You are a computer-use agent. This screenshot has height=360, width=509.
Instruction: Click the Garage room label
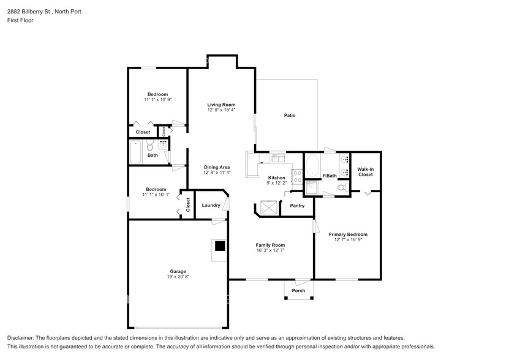(178, 271)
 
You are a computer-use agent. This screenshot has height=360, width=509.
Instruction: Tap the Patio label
(290, 115)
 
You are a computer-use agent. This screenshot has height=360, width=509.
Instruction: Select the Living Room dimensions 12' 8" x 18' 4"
(221, 110)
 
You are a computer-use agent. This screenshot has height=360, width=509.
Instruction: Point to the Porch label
(298, 291)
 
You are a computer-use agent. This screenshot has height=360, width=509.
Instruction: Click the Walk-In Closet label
(366, 171)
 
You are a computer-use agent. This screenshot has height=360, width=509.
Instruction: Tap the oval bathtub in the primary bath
(312, 165)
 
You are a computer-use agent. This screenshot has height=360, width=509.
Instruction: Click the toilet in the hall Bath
(149, 146)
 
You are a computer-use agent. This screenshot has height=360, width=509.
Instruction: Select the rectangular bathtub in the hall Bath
(135, 152)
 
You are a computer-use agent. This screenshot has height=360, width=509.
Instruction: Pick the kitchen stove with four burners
(297, 176)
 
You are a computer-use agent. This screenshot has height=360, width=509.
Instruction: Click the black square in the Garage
(220, 246)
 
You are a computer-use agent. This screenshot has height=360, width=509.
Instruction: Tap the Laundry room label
(211, 205)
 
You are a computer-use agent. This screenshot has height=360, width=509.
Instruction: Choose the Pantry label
(297, 206)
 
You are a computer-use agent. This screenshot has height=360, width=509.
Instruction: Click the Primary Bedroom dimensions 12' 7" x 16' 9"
(348, 239)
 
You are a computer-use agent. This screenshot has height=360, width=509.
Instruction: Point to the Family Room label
(270, 245)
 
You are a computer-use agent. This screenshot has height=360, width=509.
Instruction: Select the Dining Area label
(217, 167)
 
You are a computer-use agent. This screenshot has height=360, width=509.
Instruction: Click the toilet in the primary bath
(343, 187)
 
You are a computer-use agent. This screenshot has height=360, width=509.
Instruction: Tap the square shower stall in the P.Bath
(312, 188)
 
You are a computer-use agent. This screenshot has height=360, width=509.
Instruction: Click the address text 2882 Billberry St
(29, 12)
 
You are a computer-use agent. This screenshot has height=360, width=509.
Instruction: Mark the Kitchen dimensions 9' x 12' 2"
(277, 183)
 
